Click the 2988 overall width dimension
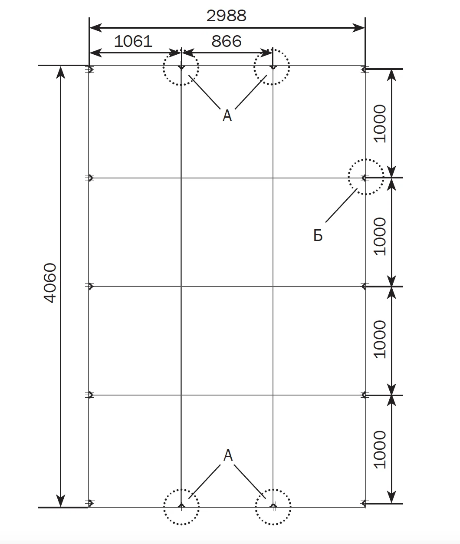click(226, 16)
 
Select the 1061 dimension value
click(133, 41)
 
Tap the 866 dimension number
click(227, 41)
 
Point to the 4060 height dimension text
click(50, 283)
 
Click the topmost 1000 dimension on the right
click(380, 124)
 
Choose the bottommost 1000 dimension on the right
click(380, 450)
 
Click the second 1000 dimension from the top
click(380, 236)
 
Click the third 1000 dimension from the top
click(380, 339)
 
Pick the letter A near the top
click(227, 116)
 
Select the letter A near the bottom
click(228, 455)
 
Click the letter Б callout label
click(318, 235)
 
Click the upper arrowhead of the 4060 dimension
click(61, 72)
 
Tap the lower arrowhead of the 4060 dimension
click(61, 500)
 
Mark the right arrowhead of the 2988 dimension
click(359, 28)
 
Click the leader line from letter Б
click(342, 205)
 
